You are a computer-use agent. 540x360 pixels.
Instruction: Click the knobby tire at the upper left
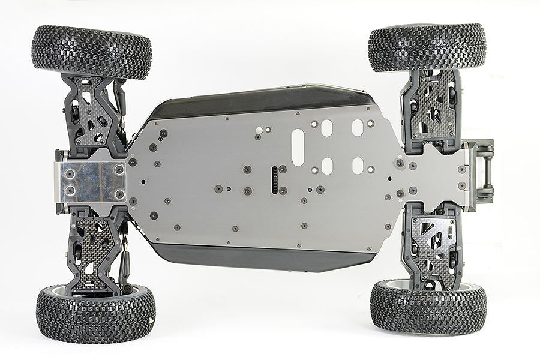91,52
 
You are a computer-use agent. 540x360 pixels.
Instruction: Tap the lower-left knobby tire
96,313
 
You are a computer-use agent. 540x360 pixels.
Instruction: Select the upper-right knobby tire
427,47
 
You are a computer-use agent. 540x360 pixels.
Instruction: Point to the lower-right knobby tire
428,307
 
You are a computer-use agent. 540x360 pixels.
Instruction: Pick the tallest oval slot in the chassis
298,148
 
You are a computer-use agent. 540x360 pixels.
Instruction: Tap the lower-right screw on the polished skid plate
118,193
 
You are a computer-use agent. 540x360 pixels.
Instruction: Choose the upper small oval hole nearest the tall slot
326,127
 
